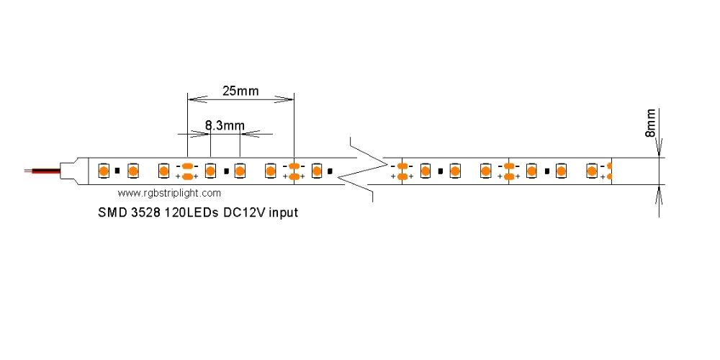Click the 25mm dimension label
[x=240, y=91]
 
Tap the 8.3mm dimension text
[x=225, y=125]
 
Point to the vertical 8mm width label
[x=651, y=123]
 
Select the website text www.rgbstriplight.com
[x=169, y=193]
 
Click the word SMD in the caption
[x=111, y=212]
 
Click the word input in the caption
[x=284, y=213]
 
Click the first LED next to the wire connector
[x=104, y=171]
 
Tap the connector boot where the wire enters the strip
[x=74, y=171]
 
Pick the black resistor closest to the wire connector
[x=117, y=171]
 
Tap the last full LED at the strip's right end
[x=591, y=171]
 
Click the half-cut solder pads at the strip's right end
[x=609, y=171]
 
